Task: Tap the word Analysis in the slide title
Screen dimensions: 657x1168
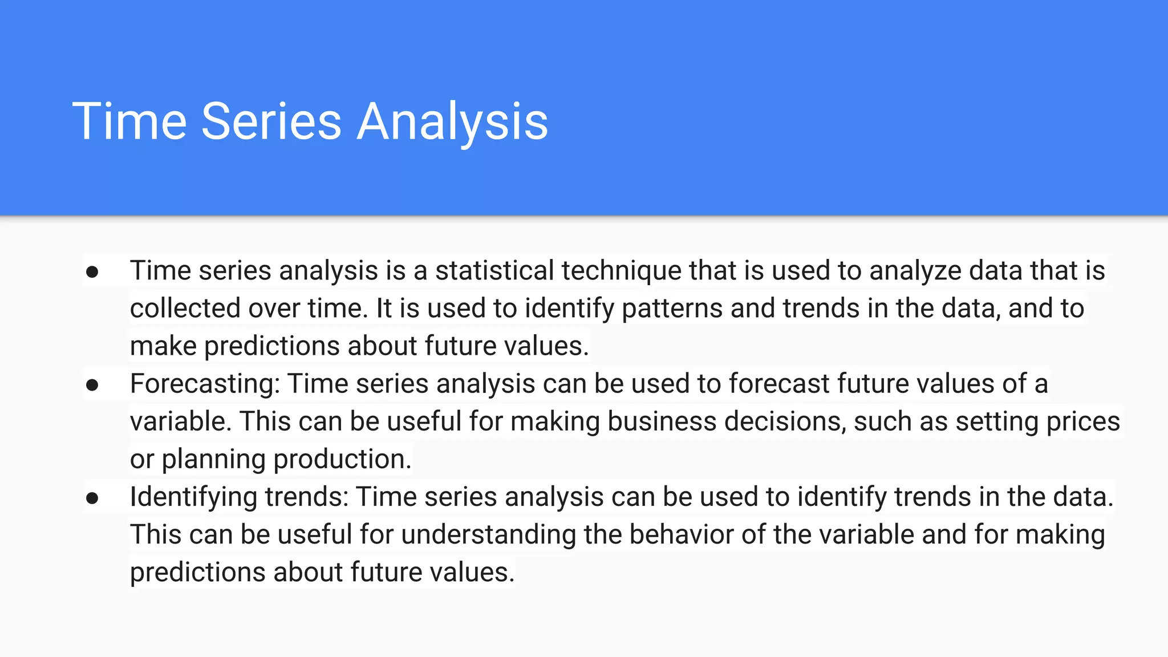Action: (452, 122)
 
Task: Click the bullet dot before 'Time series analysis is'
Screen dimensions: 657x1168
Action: (92, 271)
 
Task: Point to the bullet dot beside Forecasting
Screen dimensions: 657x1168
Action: (92, 385)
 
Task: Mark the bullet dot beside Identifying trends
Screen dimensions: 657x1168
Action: (92, 498)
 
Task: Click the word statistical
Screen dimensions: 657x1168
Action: (494, 270)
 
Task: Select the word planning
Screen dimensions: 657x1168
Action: (213, 460)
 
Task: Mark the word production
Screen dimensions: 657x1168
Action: (342, 459)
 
